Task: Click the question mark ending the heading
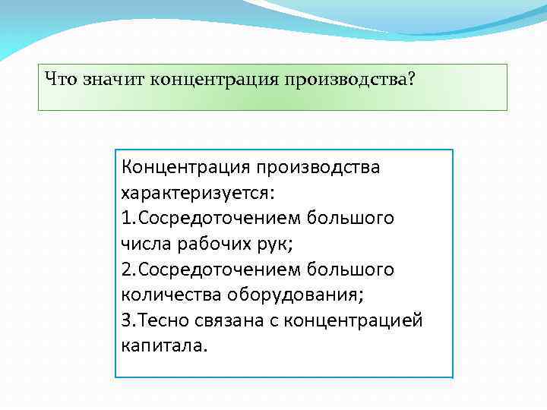click(x=411, y=79)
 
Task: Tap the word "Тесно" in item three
click(x=158, y=320)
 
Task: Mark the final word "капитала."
click(x=163, y=346)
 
